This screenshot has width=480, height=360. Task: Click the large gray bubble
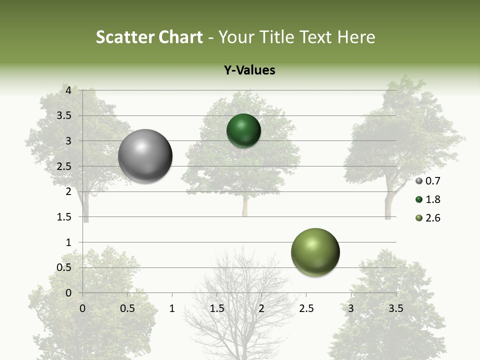(145, 156)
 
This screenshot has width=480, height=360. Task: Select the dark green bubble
(243, 130)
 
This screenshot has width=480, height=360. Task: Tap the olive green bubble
(315, 252)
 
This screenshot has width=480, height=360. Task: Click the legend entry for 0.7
(428, 181)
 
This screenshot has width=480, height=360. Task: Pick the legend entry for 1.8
(428, 199)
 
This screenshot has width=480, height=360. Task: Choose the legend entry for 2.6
(428, 218)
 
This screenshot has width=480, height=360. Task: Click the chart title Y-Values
(249, 70)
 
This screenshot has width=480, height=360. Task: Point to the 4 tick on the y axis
(68, 90)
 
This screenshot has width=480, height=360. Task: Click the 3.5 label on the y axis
(64, 115)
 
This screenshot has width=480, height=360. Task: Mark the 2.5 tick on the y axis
(64, 166)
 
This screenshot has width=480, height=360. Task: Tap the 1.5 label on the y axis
(64, 217)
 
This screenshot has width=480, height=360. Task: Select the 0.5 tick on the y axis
(64, 267)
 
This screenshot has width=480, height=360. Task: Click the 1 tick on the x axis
(172, 308)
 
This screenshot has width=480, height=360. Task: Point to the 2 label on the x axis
(261, 308)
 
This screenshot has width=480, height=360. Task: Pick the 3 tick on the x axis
(351, 308)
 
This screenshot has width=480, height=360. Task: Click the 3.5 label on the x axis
(395, 308)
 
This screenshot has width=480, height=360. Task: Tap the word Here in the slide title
(356, 37)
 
